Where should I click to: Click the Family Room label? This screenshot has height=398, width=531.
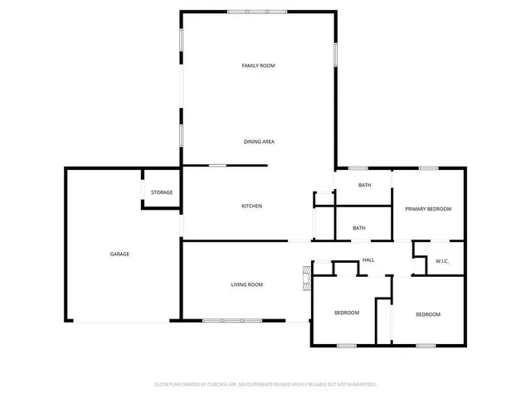(258, 66)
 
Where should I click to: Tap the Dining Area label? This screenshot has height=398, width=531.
(259, 142)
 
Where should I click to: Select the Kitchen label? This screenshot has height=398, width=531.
(252, 206)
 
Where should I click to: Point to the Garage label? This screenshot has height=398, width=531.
(119, 254)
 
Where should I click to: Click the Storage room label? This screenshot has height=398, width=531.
(162, 192)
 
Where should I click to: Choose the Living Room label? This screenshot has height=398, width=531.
(246, 284)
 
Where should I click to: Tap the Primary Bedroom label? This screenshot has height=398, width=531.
(428, 209)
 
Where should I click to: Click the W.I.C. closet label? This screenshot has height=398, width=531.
(442, 261)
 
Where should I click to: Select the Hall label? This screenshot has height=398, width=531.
(368, 260)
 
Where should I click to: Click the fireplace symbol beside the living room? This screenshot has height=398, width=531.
(306, 277)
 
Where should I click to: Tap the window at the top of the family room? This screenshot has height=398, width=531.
(258, 12)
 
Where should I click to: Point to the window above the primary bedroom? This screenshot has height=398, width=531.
(428, 168)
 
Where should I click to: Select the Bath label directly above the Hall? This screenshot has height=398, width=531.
(359, 228)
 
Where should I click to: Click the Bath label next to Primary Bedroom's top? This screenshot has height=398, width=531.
(364, 185)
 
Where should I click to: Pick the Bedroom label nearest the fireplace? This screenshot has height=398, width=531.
(347, 313)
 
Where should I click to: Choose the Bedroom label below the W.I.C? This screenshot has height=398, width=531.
(428, 314)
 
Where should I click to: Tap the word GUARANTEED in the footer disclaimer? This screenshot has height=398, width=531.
(358, 385)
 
